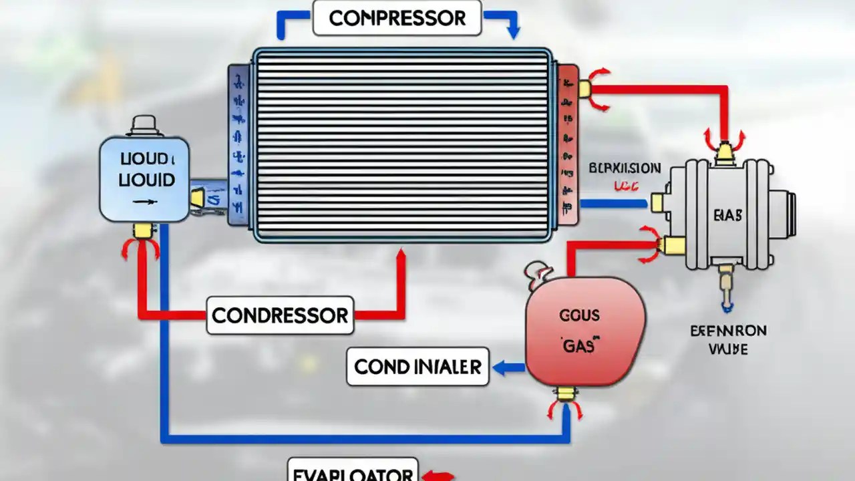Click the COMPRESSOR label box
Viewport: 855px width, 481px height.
click(397, 19)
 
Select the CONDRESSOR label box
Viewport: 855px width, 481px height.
click(280, 315)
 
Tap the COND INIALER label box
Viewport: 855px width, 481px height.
click(417, 367)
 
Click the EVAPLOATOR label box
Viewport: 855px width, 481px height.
click(352, 472)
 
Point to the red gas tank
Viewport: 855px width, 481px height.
click(585, 331)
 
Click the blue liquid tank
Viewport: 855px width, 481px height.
click(144, 178)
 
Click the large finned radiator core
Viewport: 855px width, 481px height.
click(402, 144)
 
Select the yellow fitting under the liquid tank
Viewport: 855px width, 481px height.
click(142, 230)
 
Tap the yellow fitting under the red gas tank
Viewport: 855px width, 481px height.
click(566, 393)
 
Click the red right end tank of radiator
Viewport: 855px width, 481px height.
click(568, 144)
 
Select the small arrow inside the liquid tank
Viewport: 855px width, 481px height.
click(142, 201)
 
